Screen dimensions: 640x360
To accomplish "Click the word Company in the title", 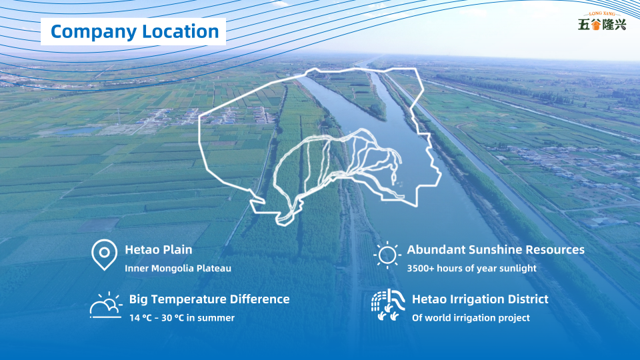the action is click(93, 32).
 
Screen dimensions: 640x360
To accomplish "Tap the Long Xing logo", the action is click(601, 21).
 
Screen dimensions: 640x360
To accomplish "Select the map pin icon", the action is click(104, 255).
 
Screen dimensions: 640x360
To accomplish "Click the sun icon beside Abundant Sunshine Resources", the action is click(387, 255).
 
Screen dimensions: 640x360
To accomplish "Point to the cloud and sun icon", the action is click(106, 305).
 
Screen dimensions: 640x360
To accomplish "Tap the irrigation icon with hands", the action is click(388, 305).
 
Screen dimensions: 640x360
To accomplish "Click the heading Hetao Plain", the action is click(159, 250).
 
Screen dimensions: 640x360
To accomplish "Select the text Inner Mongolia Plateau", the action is click(178, 268).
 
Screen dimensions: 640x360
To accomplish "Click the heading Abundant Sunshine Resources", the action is click(495, 250).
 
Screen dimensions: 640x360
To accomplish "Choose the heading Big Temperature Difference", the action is click(209, 299).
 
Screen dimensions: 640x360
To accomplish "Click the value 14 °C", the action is click(141, 317).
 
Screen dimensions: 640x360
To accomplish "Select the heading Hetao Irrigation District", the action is click(480, 299).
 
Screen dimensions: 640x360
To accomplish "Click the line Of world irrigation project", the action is click(471, 317).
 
